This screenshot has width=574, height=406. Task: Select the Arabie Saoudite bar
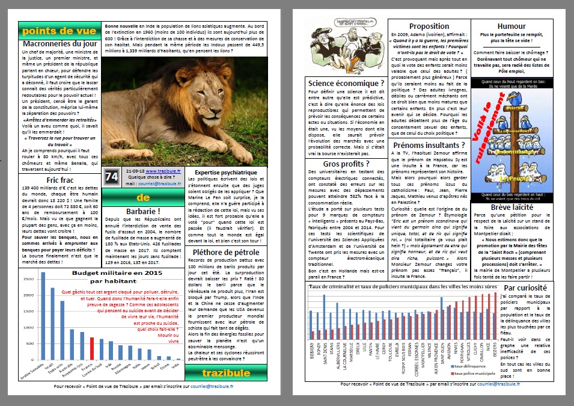click(x=43, y=316)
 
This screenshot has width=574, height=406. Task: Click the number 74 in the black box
click(x=111, y=177)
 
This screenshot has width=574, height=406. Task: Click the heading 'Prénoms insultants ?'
click(x=429, y=144)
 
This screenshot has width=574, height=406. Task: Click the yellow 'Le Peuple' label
click(x=513, y=179)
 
